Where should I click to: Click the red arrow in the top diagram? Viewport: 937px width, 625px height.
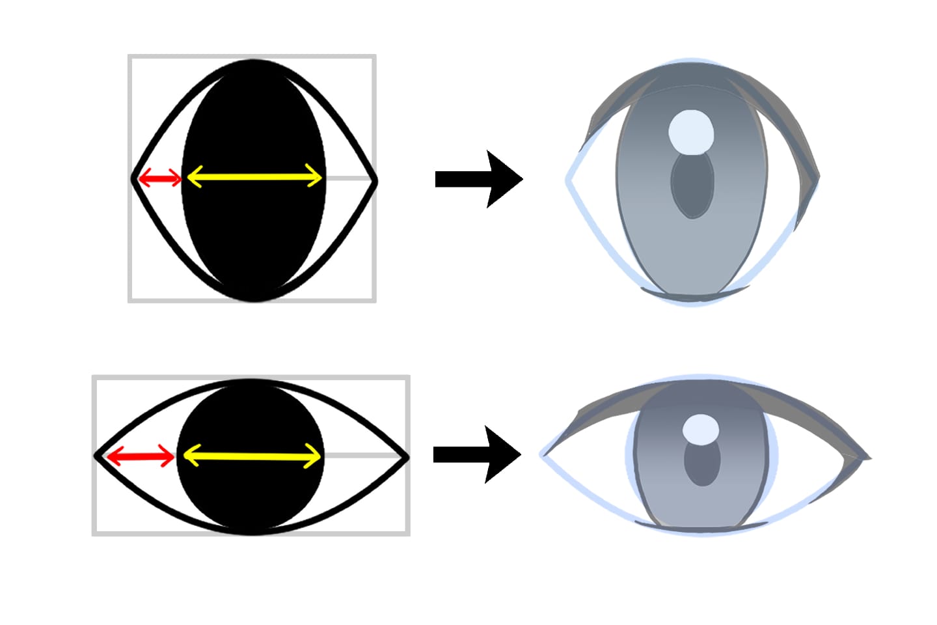(x=158, y=177)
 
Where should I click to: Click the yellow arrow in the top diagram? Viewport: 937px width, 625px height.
(x=254, y=177)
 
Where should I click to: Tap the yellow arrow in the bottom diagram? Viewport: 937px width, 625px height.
(x=252, y=456)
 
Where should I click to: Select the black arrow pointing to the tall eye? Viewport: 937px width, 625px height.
(x=479, y=179)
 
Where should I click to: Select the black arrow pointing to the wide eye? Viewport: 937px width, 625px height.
(x=477, y=454)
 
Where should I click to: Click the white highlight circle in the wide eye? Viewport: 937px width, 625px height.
(x=701, y=430)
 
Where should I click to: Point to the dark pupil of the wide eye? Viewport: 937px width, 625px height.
(x=702, y=465)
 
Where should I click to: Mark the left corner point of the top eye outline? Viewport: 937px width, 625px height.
(x=134, y=178)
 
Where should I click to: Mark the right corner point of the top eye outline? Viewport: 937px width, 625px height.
(x=375, y=178)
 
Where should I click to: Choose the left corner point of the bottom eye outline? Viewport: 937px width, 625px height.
(x=98, y=456)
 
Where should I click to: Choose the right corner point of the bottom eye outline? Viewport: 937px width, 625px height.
(x=407, y=458)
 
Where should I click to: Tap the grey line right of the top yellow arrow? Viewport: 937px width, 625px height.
(x=348, y=178)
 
